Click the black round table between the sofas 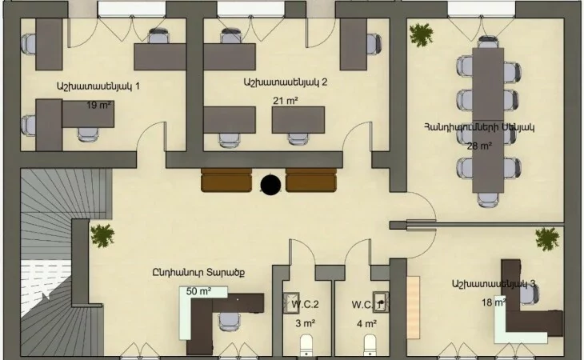(270, 185)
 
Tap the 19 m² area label (98, 105)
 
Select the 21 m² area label (286, 101)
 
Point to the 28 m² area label (479, 146)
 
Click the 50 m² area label (199, 291)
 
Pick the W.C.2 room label (306, 305)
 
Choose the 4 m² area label (366, 324)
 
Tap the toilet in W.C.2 (306, 345)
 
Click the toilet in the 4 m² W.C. (370, 345)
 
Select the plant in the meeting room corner (422, 35)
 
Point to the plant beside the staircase (102, 236)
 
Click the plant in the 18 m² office (547, 239)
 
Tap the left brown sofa (226, 180)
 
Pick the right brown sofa (311, 180)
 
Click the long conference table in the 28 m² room (488, 120)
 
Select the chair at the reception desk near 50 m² (228, 321)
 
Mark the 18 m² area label (494, 302)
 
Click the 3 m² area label (306, 323)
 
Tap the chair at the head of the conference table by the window (488, 42)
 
